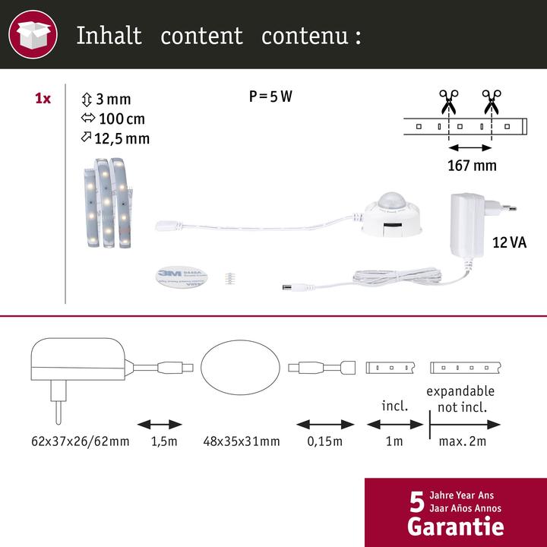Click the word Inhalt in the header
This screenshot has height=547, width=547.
109,36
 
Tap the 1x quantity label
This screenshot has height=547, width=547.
43,99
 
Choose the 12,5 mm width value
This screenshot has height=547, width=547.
122,138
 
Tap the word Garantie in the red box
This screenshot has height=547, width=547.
455,526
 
